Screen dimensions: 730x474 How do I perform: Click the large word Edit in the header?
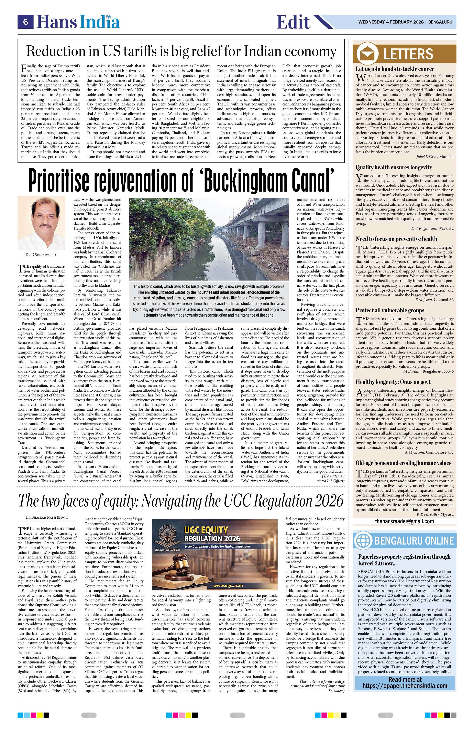coord(293,22)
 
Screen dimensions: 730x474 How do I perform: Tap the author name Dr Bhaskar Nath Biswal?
coord(47,517)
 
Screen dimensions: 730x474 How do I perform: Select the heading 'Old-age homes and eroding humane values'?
coord(403,463)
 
